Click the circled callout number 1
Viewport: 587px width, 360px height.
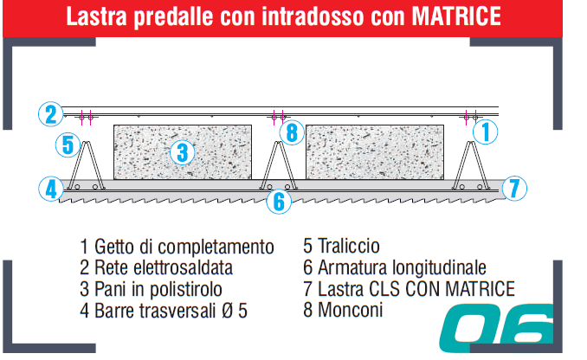(485, 132)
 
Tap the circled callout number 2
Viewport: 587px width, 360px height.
(51, 113)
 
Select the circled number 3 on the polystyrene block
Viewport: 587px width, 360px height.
(183, 152)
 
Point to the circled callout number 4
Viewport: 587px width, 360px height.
(51, 189)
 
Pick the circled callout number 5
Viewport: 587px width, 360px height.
(68, 145)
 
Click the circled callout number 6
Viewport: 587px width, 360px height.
(279, 202)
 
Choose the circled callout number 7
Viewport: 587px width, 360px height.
(514, 189)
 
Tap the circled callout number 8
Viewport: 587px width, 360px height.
(292, 132)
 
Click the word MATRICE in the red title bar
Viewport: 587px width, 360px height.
(456, 16)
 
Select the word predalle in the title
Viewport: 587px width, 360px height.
(172, 17)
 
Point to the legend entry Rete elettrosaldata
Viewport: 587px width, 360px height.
(164, 267)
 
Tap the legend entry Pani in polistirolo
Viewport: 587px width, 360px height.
(158, 289)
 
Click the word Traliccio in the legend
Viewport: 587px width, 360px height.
(349, 246)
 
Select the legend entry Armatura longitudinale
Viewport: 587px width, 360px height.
(402, 267)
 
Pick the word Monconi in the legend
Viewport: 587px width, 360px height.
(351, 310)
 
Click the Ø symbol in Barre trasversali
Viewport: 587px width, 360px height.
(227, 311)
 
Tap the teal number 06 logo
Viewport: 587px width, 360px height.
(496, 328)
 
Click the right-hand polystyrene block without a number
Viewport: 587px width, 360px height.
(375, 152)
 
